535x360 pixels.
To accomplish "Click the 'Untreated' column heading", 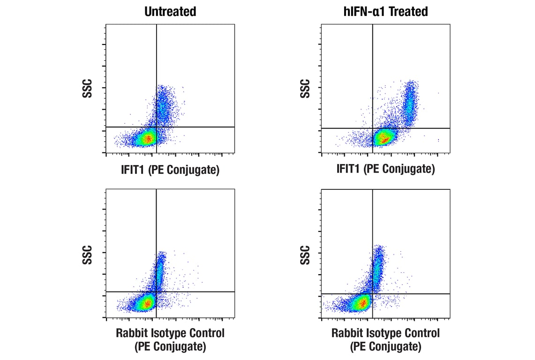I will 170,11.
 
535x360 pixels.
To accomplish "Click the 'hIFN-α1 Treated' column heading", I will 385,11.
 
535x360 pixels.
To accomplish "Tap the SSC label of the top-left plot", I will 87,89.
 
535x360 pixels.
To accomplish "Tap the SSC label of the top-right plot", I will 305,89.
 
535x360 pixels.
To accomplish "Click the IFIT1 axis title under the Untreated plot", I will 170,170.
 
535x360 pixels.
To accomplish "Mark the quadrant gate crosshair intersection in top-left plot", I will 156,127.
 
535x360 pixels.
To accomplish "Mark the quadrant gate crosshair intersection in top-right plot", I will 372,128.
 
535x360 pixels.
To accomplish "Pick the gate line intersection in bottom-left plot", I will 156,292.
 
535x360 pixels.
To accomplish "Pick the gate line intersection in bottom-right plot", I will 372,293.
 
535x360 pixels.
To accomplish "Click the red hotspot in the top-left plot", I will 148,138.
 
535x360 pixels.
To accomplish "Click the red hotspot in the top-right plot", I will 384,138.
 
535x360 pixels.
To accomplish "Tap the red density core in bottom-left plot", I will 147,303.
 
